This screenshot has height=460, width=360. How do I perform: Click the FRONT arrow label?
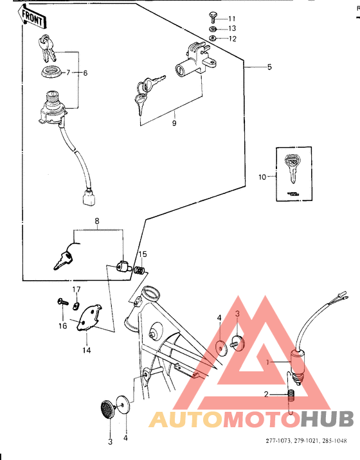32,17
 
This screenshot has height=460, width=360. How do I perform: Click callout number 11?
232,19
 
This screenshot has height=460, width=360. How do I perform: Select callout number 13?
232,29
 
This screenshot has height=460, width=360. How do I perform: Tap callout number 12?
232,39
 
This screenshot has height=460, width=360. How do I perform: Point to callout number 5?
269,67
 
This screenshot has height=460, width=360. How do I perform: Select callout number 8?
98,223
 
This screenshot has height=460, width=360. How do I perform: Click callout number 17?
76,290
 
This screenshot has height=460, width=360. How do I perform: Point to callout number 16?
63,326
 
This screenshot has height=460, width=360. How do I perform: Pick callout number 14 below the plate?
86,351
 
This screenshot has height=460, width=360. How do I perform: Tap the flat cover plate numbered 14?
91,318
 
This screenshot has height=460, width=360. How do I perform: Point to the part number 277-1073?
279,441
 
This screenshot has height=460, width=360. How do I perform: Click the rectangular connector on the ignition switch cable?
88,199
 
